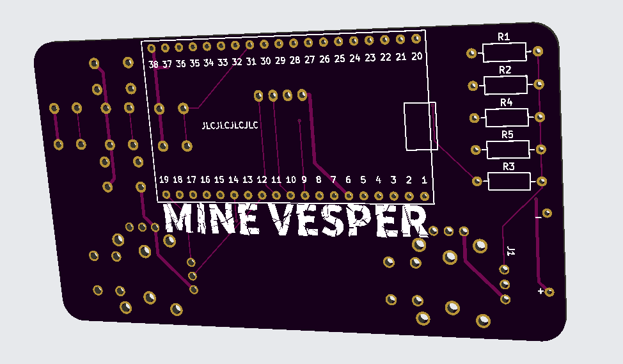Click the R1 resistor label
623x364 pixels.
pos(504,38)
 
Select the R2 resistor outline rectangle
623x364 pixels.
pos(505,84)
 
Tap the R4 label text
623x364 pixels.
pos(507,102)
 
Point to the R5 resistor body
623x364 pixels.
pos(509,150)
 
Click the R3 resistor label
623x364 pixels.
pos(509,167)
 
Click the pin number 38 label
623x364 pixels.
pos(154,65)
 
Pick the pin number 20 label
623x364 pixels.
pos(416,56)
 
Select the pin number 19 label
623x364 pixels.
pos(164,179)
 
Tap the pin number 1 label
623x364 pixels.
pos(424,180)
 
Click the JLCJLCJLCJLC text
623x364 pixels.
pos(230,125)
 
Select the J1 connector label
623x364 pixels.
pos(510,251)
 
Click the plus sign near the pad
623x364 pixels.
pos(541,292)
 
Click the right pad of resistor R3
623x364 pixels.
pos(542,182)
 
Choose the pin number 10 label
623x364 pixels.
pos(290,180)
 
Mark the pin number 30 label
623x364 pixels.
pos(265,61)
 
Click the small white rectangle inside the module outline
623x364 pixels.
pos(420,126)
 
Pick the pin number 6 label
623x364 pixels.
pos(348,180)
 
